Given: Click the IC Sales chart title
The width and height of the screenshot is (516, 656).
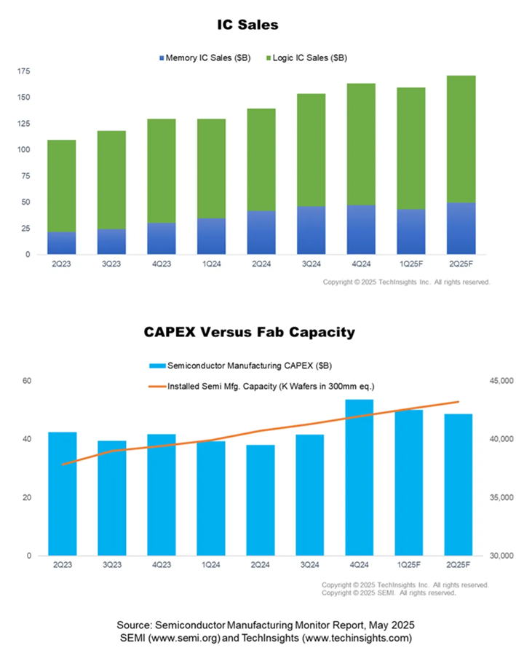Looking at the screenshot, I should pos(247,25).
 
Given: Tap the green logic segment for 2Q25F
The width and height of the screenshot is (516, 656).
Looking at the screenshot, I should pos(460,138).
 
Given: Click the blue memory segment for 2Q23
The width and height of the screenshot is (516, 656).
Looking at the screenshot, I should pos(62,243).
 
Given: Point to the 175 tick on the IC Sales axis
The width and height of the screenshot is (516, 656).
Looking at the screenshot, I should pos(24,71).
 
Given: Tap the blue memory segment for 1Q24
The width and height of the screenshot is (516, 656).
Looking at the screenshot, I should pos(211,236).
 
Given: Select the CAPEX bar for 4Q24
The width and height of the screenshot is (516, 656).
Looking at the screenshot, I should pos(360,477).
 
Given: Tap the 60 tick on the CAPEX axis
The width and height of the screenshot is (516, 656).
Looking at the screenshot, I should pos(27,381).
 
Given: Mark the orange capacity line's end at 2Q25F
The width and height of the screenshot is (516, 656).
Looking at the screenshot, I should pos(459,402).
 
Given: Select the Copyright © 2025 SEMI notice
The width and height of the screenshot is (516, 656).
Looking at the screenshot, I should pos(389,593).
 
